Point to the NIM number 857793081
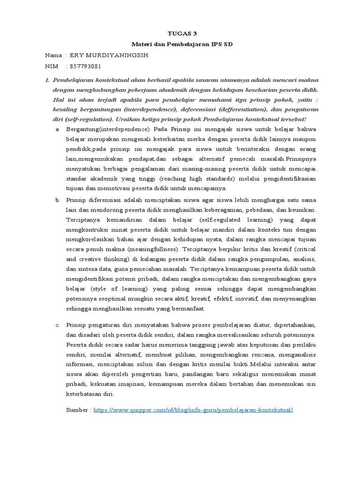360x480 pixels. click(85, 66)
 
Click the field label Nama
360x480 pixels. click(53, 55)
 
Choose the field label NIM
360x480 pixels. click(51, 66)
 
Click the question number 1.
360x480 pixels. click(47, 80)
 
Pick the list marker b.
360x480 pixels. click(57, 200)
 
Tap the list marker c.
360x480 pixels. click(57, 324)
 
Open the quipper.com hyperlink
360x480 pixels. click(193, 410)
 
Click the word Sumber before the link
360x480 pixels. click(78, 410)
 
